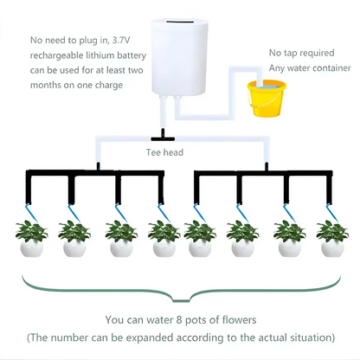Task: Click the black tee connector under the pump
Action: (x=161, y=136)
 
